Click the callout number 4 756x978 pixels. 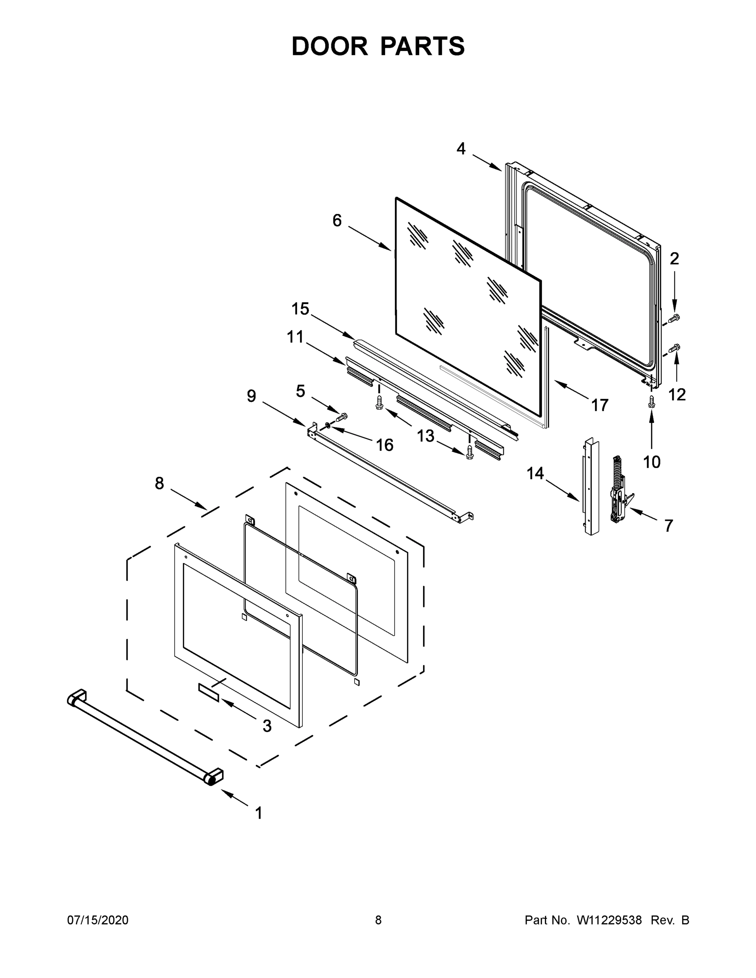(461, 149)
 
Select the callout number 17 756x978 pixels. (600, 405)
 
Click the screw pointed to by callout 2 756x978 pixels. (673, 318)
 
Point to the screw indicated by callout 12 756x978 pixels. (673, 348)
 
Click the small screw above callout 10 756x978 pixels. (652, 401)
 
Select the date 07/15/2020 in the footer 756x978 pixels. (98, 920)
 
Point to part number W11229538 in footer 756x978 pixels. (609, 920)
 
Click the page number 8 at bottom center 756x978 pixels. (378, 920)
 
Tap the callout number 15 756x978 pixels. (300, 309)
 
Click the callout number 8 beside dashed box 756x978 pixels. (159, 484)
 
